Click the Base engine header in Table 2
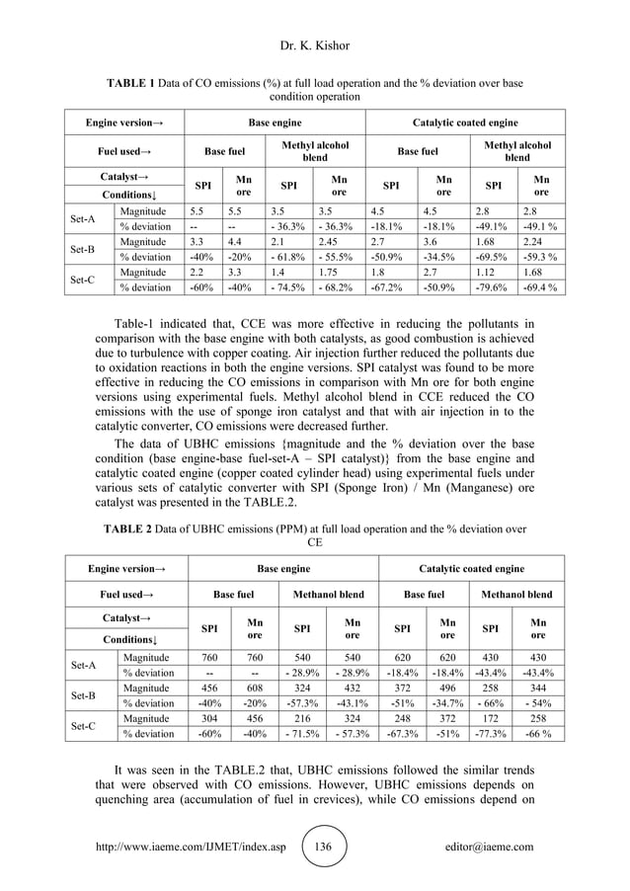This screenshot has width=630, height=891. click(x=283, y=568)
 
